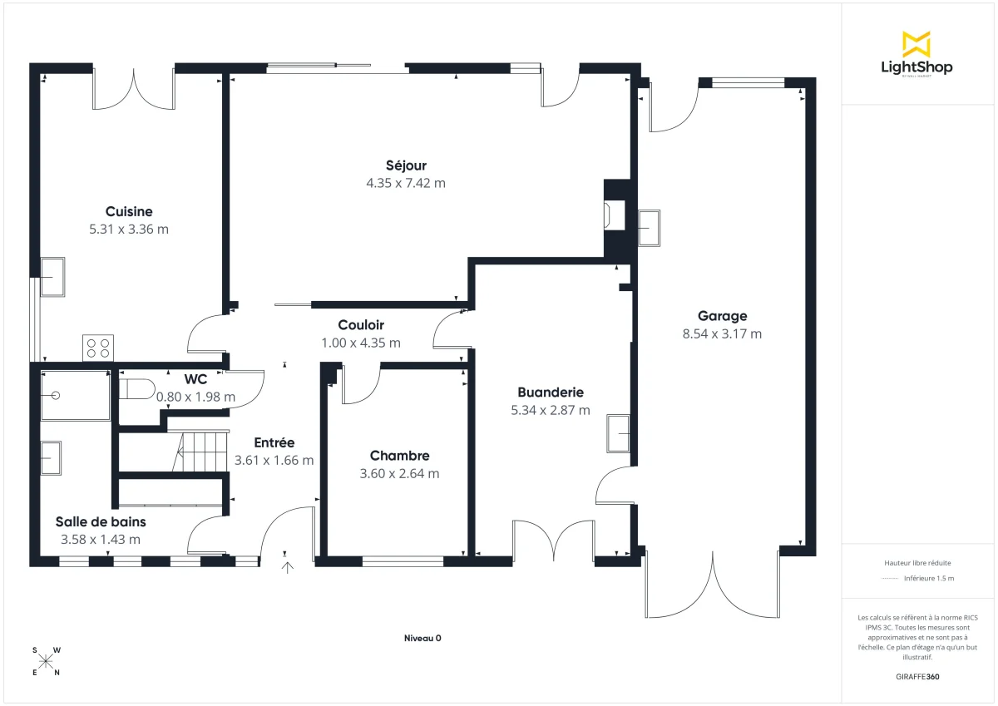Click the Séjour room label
406,165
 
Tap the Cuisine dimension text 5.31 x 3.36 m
129,229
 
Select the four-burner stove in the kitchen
98,348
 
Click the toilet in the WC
136,388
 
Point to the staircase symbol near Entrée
200,451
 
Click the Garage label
722,316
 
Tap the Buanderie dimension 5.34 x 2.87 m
550,410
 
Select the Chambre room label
399,456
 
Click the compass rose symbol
46,661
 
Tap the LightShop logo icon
916,44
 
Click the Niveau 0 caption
422,638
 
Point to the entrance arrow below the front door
288,567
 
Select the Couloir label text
361,325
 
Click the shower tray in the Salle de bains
75,396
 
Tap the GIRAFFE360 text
918,677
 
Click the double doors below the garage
713,586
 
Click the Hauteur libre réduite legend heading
917,562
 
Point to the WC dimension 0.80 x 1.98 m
195,397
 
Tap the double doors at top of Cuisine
134,90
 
